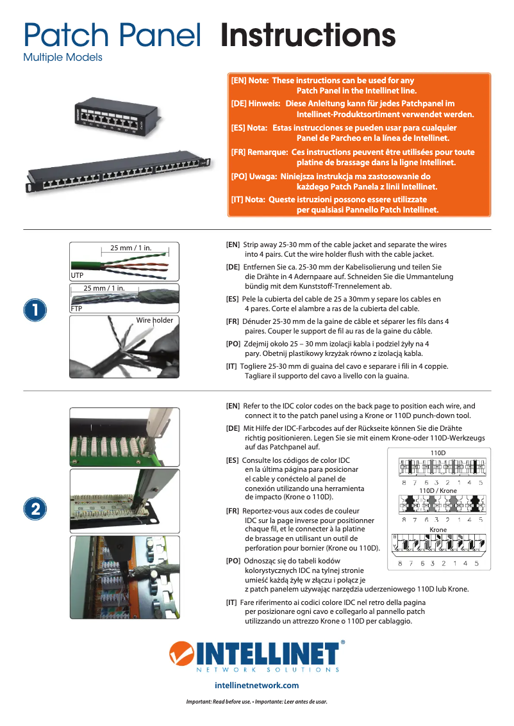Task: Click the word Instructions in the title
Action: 308,35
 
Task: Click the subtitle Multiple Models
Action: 62,58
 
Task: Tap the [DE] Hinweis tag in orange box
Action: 256,103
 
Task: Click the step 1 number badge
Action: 35,310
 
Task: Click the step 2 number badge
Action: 35,508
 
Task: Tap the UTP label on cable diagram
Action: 77,275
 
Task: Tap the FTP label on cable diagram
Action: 77,309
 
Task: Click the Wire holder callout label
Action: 154,320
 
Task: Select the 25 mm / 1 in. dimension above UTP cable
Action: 131,248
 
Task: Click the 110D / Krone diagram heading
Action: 438,490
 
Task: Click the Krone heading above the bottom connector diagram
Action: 438,530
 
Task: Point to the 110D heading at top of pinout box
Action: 438,453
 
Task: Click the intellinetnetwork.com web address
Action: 256,686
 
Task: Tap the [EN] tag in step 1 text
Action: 233,245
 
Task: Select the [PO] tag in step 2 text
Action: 233,561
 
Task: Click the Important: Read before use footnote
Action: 256,702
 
